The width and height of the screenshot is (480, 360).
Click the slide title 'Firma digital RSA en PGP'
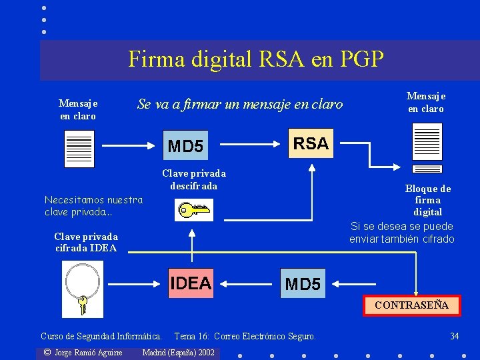[256, 59]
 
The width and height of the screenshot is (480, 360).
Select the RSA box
[311, 143]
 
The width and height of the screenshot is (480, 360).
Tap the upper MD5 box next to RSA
[185, 145]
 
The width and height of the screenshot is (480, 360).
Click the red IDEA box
[190, 283]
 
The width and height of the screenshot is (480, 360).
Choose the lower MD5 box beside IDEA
[303, 284]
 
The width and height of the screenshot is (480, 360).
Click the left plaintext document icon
[79, 148]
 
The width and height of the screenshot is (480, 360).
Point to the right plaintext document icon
[427, 143]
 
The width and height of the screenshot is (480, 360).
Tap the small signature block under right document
[427, 169]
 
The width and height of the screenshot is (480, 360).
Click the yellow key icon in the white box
[193, 211]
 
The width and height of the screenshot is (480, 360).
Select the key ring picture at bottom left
[83, 288]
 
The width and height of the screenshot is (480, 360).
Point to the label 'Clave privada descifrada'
[194, 180]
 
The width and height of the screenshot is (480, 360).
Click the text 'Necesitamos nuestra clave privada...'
[93, 205]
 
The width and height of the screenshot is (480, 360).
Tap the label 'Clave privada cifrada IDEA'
[86, 242]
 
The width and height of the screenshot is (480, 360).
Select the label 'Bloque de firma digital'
[428, 200]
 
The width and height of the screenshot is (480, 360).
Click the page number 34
[454, 336]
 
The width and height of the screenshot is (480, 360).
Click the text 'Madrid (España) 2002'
[179, 352]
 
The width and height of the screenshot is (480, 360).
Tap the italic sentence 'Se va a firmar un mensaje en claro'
[240, 104]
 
